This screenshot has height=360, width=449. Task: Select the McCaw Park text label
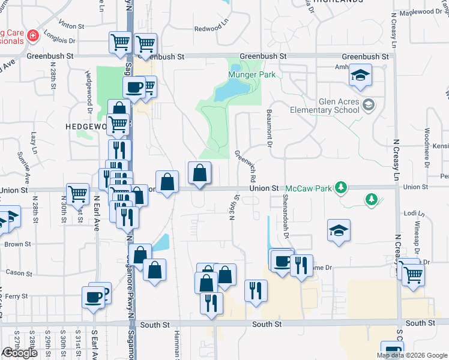(x=308, y=188)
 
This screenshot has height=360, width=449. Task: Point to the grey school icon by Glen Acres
(x=368, y=106)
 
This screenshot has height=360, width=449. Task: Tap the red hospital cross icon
(x=31, y=36)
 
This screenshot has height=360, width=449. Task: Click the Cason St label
(x=19, y=272)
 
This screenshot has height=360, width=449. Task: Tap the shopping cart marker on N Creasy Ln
(x=414, y=275)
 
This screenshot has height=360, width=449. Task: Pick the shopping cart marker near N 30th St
(x=77, y=194)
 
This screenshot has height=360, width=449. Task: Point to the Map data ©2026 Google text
(x=411, y=355)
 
